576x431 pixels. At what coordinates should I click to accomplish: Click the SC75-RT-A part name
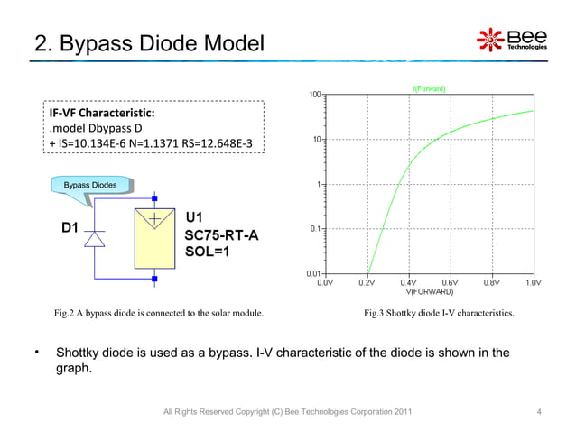(221, 234)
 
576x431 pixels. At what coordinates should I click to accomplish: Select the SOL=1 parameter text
(207, 251)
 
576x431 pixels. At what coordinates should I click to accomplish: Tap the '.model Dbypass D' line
(96, 128)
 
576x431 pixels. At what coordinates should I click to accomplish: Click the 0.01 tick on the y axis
(312, 271)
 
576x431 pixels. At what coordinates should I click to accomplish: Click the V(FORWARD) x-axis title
(429, 291)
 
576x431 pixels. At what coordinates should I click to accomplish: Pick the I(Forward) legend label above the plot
(429, 87)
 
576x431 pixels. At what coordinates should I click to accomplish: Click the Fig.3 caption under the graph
(439, 314)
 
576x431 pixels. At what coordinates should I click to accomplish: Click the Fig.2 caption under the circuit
(159, 314)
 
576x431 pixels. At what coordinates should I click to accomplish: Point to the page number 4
(538, 412)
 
